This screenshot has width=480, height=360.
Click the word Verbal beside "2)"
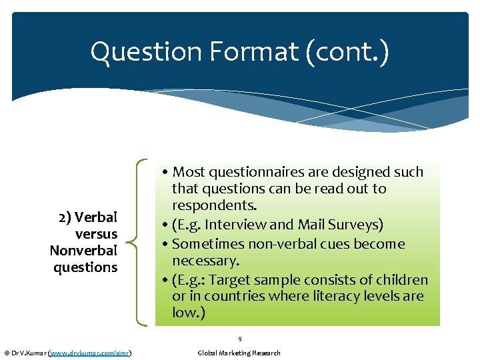(x=97, y=218)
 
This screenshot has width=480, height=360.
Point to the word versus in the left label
(x=97, y=234)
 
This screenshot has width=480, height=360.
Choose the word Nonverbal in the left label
(x=83, y=251)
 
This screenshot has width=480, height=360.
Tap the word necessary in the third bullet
(x=203, y=260)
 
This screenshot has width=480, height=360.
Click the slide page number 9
(x=239, y=339)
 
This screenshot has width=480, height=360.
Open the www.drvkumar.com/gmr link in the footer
(x=89, y=353)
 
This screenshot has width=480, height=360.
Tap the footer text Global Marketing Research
(x=239, y=353)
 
